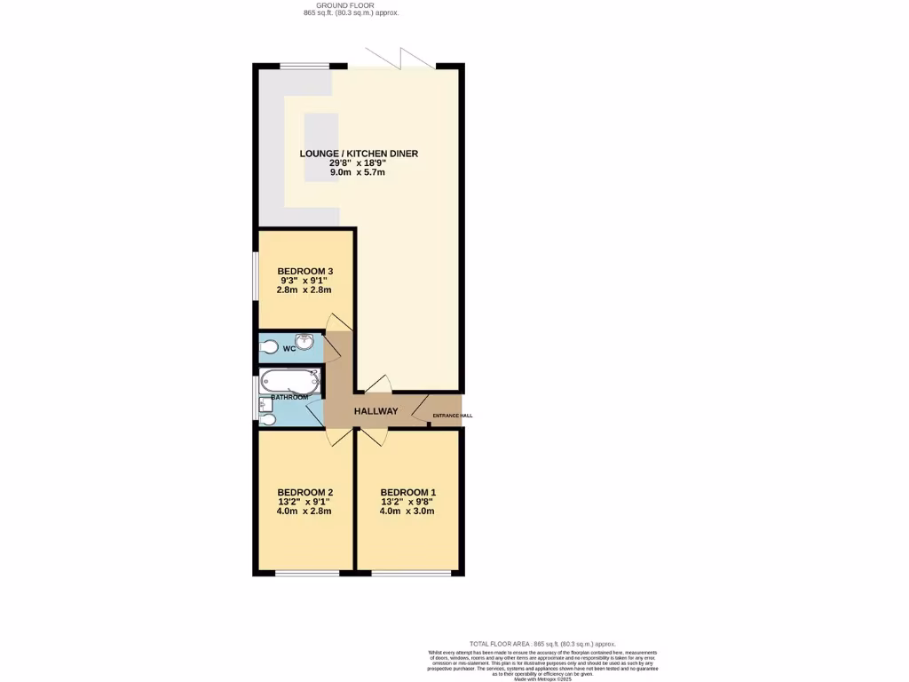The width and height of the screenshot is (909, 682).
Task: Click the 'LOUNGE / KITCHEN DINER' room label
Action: coord(359,154)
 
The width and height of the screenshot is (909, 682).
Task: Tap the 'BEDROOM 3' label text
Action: coord(304,272)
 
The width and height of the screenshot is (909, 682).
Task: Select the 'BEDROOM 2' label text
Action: coord(304,493)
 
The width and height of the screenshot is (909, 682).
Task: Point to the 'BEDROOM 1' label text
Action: coord(407,493)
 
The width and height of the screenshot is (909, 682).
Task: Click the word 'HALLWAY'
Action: coord(375,411)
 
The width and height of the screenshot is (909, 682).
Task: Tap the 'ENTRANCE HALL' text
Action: coord(452,416)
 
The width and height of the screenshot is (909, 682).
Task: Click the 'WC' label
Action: coord(289,349)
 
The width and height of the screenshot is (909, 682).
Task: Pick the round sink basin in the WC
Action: coord(304,341)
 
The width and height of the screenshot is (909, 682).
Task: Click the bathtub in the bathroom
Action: coord(288,383)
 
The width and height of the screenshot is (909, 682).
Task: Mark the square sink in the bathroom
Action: coord(265,404)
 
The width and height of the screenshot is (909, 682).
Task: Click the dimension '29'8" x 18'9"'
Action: coord(359,163)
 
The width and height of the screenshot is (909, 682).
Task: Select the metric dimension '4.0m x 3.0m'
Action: coord(407,512)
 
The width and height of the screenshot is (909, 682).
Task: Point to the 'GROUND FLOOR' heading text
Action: coord(351,4)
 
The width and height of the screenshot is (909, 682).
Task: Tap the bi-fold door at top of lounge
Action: coord(404,60)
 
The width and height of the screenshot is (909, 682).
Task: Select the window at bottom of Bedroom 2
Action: coord(307,573)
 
